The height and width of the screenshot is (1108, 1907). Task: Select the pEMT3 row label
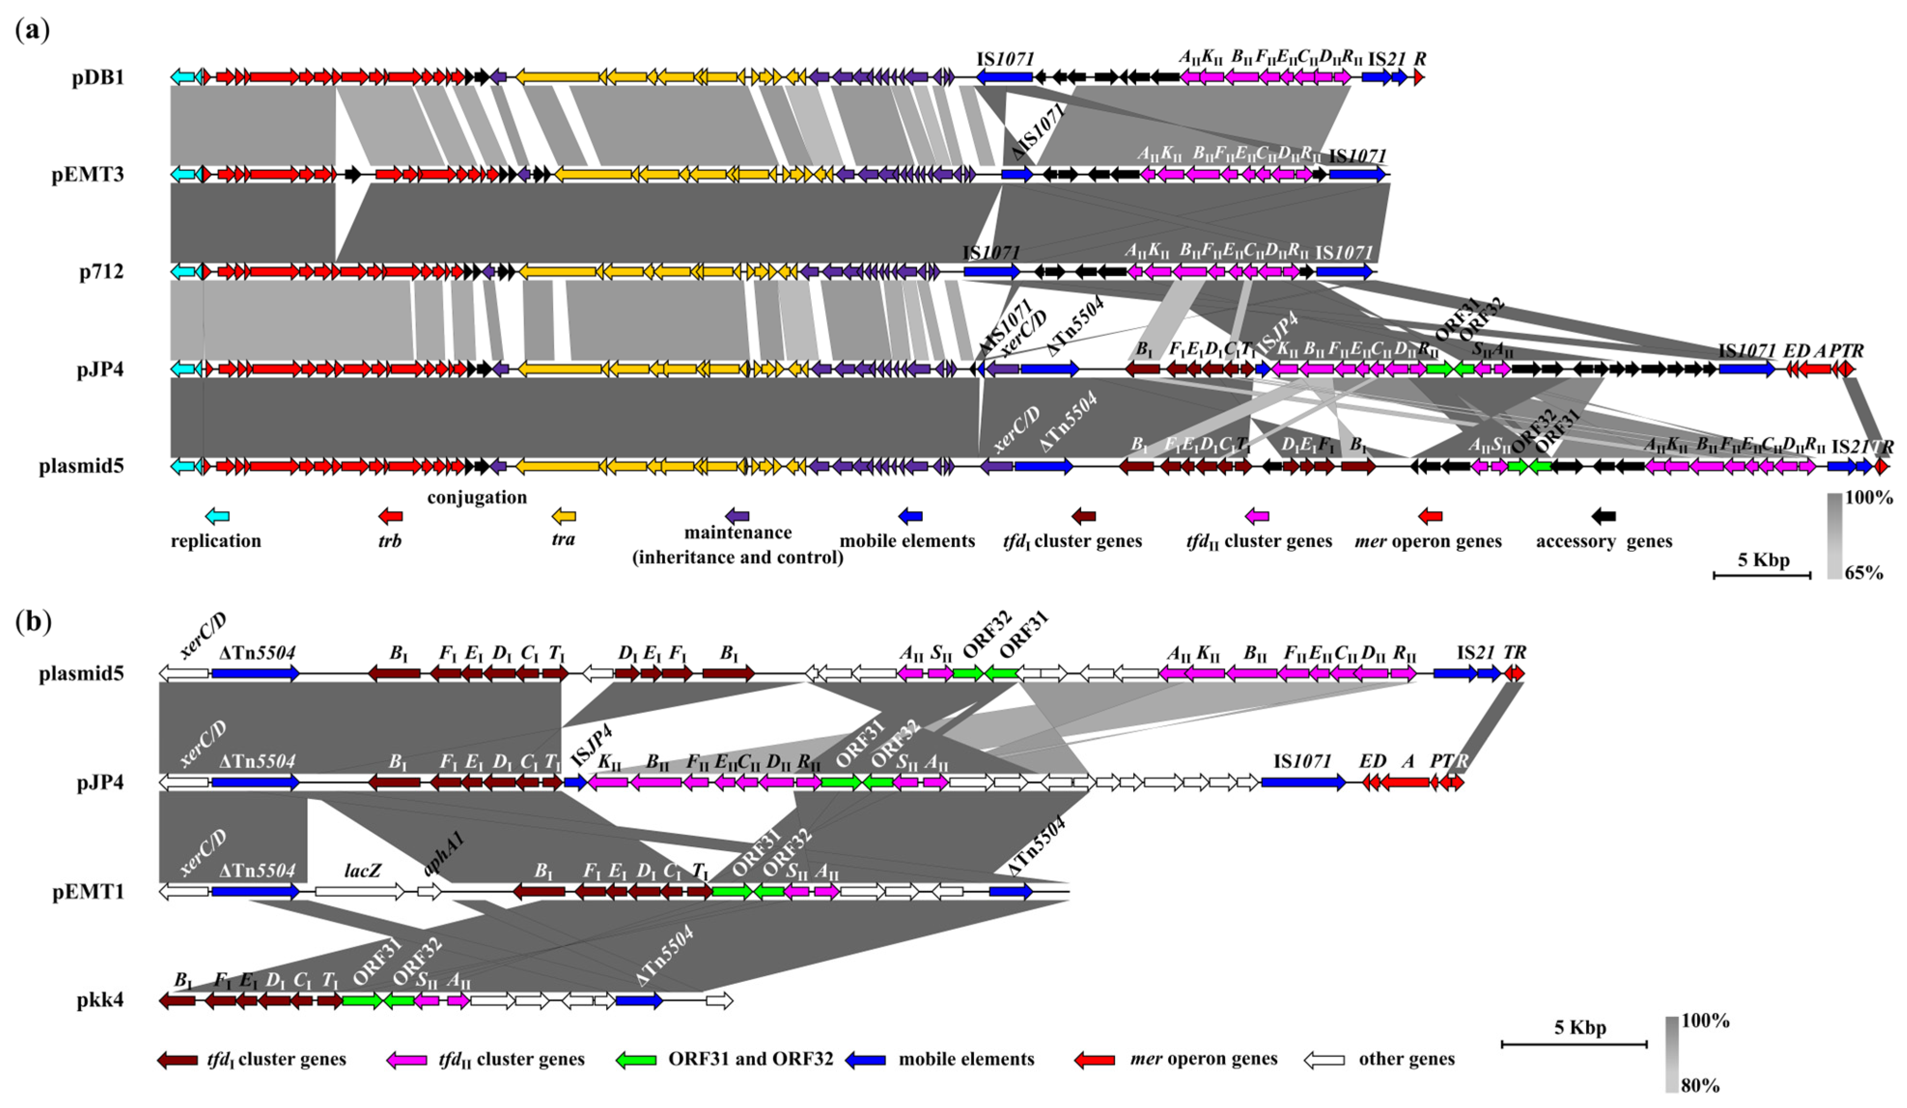click(88, 175)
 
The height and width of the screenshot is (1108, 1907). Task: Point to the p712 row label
click(101, 272)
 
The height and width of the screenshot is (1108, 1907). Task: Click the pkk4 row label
click(100, 1000)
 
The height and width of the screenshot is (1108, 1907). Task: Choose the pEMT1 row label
click(88, 892)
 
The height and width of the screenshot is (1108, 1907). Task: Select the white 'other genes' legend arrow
click(1324, 1060)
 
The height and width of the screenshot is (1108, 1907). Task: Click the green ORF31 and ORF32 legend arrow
click(636, 1060)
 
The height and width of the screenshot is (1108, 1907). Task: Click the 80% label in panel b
click(1700, 1086)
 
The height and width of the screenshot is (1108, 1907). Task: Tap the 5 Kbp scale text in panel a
click(1763, 560)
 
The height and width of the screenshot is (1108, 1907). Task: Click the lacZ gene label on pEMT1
click(362, 870)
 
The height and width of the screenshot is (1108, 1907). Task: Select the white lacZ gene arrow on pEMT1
click(360, 892)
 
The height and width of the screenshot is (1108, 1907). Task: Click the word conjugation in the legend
click(477, 497)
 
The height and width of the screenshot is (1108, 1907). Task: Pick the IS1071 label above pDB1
click(1005, 59)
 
